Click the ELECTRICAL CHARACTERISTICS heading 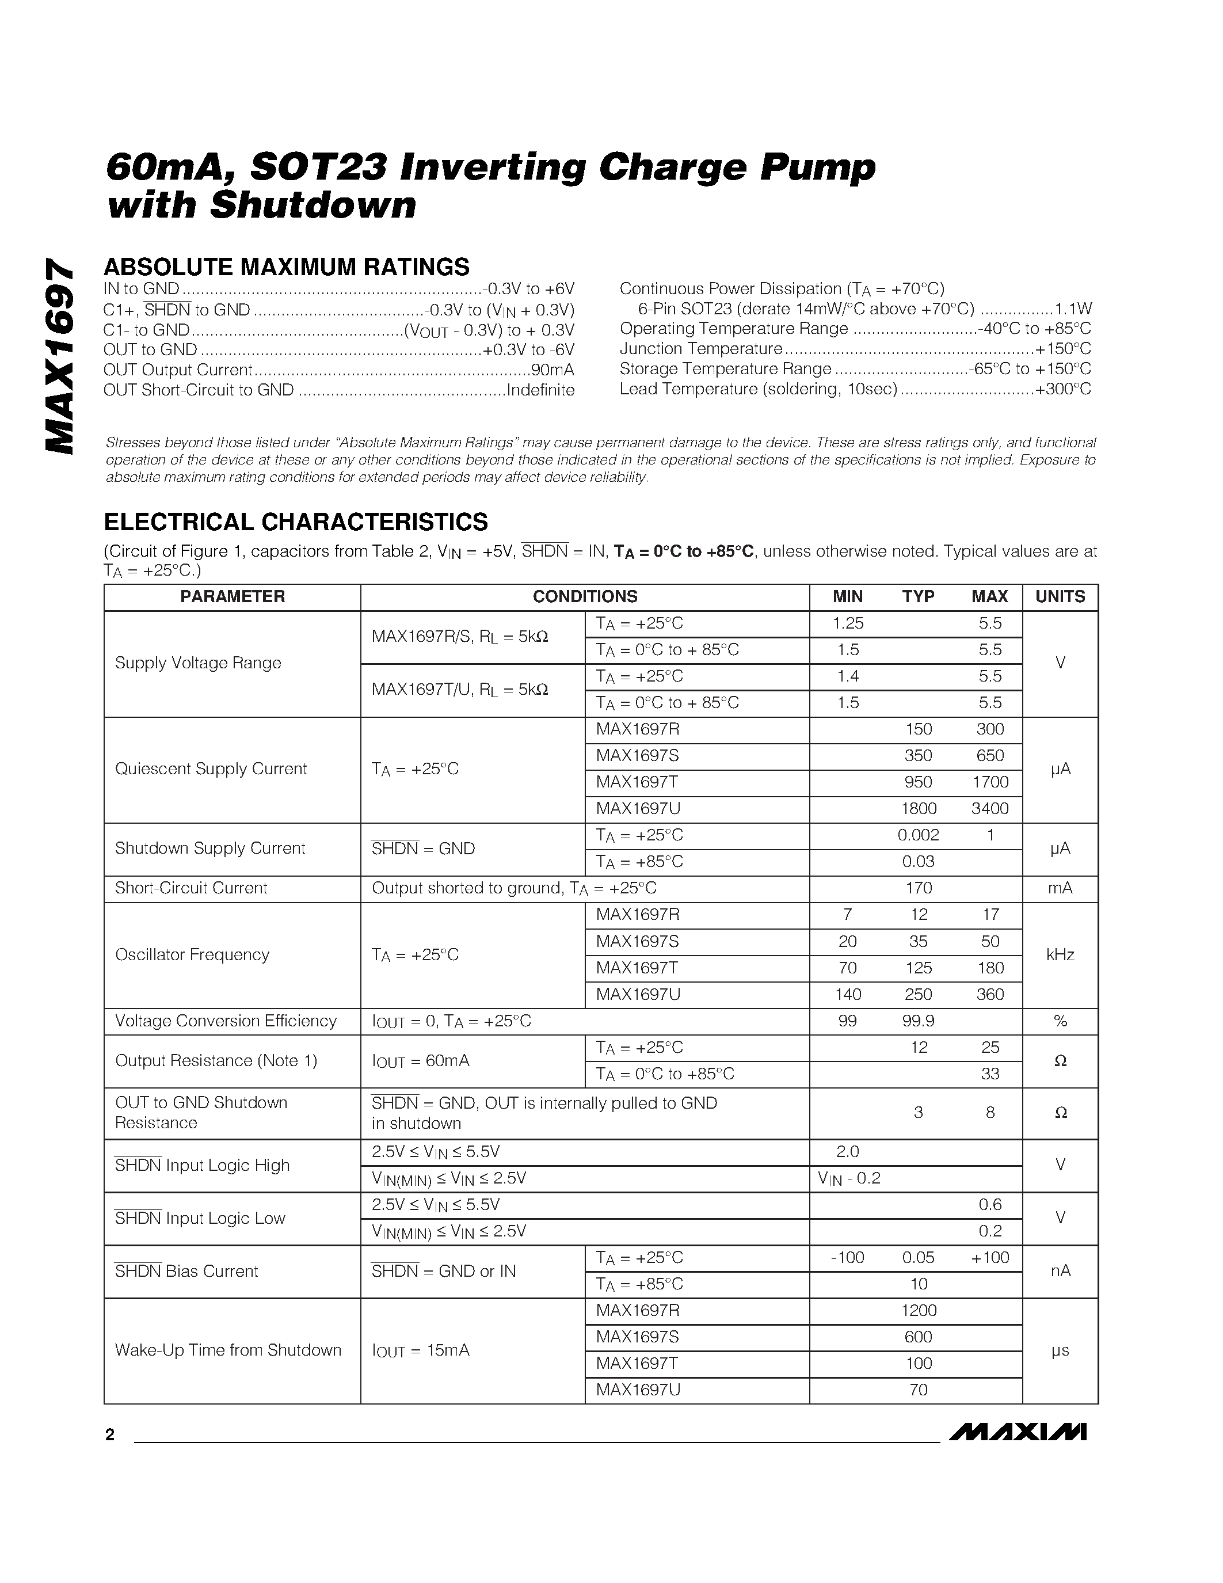tap(296, 522)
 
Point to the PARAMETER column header tap(232, 596)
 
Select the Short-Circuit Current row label tap(191, 889)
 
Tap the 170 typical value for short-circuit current tap(918, 889)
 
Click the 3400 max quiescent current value tap(990, 809)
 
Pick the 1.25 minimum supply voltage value tap(848, 623)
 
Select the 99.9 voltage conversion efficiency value tap(918, 1021)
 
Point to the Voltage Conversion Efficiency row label tap(226, 1021)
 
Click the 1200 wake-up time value tap(918, 1311)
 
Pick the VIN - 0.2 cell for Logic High tap(848, 1178)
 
